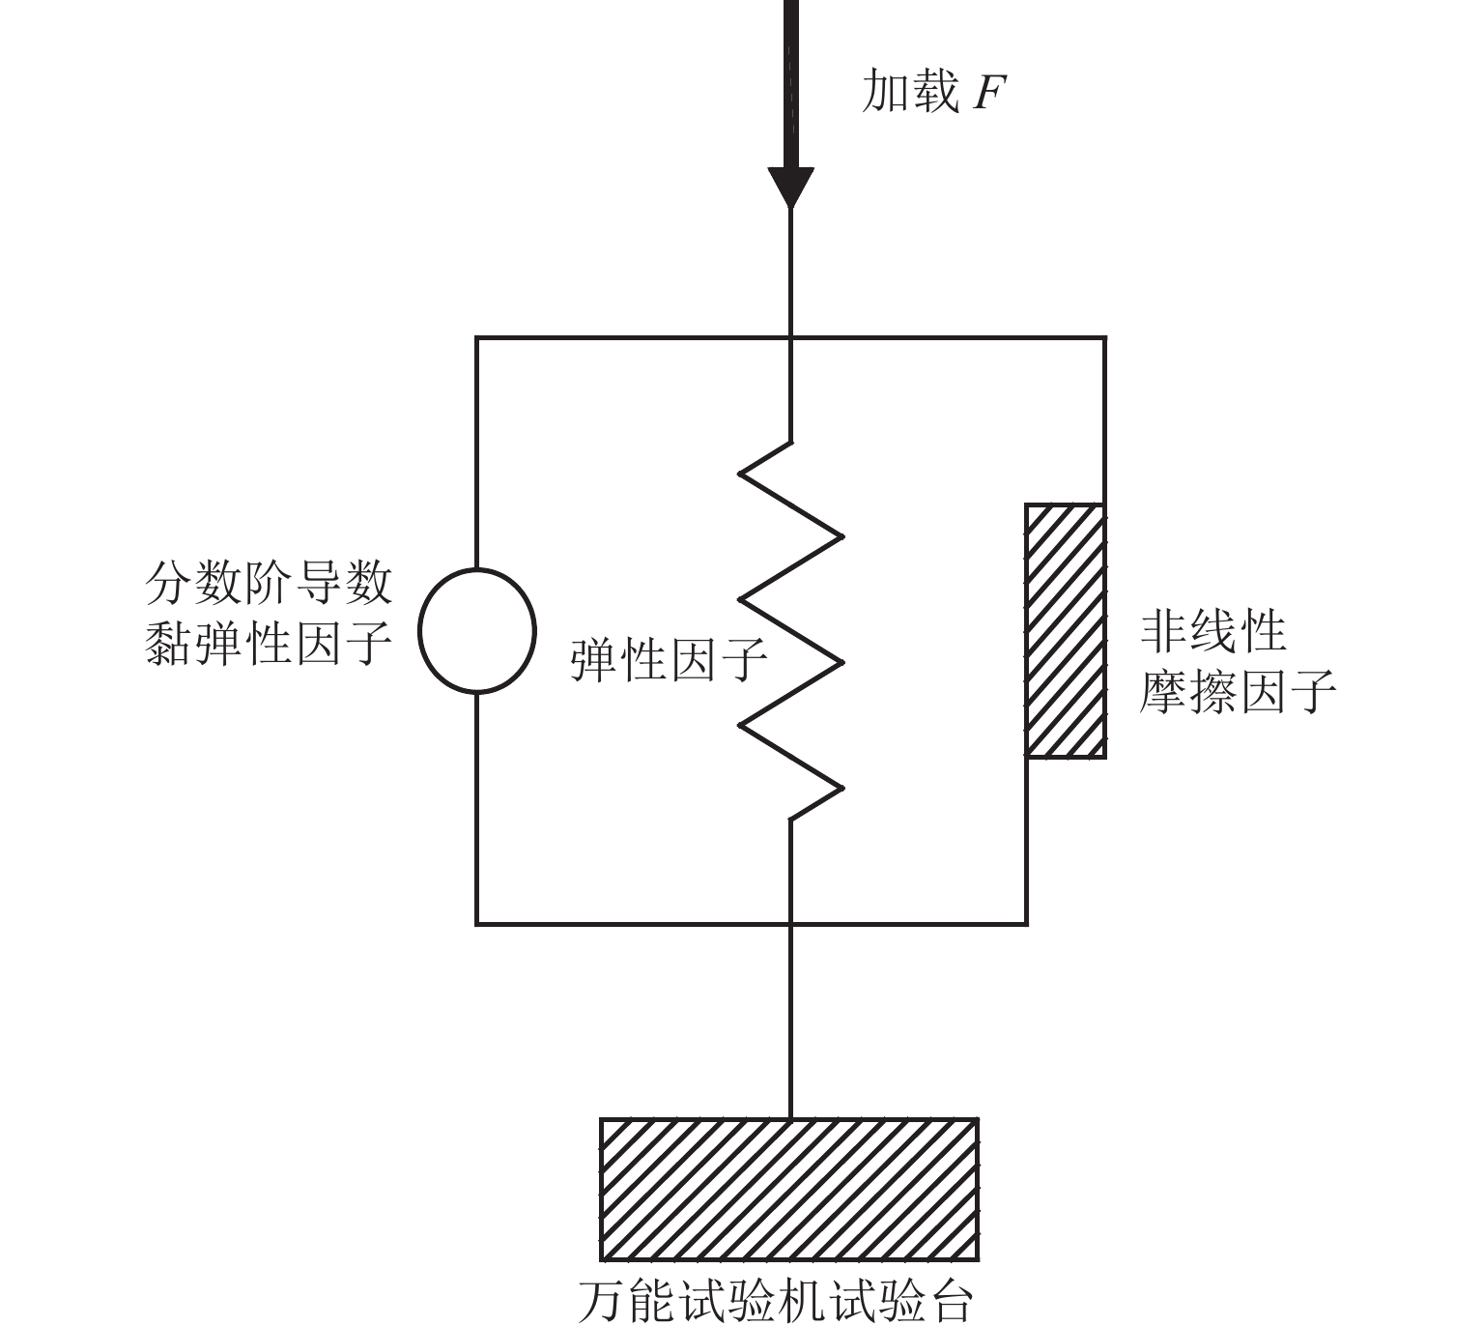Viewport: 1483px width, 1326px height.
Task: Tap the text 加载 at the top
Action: pyautogui.click(x=909, y=93)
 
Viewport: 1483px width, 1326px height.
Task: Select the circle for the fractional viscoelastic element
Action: pyautogui.click(x=476, y=631)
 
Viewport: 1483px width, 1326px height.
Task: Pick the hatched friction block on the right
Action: pyautogui.click(x=1065, y=630)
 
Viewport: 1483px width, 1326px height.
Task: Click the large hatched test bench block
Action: pyautogui.click(x=789, y=1189)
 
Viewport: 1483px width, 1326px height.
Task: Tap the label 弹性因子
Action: pyautogui.click(x=669, y=661)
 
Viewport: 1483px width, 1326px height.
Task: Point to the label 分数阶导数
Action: pyautogui.click(x=269, y=583)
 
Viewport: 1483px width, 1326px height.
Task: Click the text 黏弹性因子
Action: pyautogui.click(x=269, y=641)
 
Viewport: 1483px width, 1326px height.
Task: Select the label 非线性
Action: pyautogui.click(x=1212, y=632)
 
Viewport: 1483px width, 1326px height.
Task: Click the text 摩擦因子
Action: pyautogui.click(x=1237, y=691)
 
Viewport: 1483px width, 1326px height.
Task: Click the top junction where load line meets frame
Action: pyautogui.click(x=790, y=338)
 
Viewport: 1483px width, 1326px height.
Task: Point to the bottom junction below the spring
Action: pyautogui.click(x=790, y=924)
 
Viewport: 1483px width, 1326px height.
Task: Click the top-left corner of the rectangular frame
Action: pyautogui.click(x=476, y=338)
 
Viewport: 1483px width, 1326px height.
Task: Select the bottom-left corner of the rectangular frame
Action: pyautogui.click(x=476, y=924)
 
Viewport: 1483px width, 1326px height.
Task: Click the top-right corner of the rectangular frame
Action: pyautogui.click(x=1104, y=338)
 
